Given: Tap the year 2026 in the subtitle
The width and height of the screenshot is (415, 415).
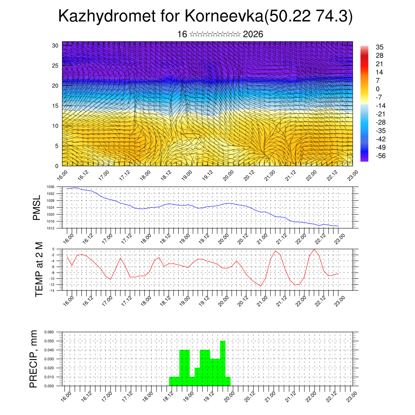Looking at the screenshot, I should click(x=253, y=34).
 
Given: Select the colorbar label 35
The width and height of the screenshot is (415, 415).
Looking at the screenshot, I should click(x=380, y=47).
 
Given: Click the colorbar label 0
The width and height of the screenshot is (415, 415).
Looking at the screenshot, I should click(x=378, y=89).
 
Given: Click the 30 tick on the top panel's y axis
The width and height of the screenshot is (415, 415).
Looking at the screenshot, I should click(x=55, y=45).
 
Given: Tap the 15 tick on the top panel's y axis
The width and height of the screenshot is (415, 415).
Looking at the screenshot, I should click(x=55, y=106).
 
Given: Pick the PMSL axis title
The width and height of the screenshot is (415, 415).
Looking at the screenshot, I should click(x=36, y=208).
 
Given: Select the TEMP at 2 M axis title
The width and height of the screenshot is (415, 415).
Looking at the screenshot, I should click(x=39, y=269).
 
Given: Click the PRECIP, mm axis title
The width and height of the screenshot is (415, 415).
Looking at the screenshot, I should click(x=34, y=359).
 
